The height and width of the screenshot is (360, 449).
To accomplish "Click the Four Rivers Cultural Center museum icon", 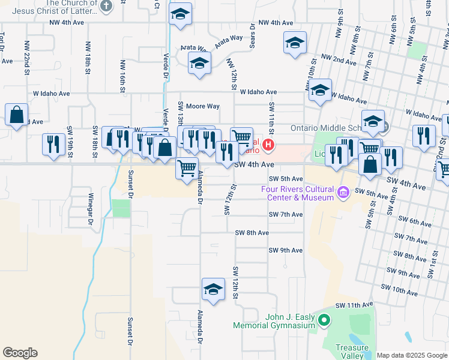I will (x=343, y=193).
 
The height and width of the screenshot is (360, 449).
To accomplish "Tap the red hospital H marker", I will (x=269, y=145).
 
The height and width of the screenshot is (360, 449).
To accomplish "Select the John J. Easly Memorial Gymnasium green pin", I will (x=324, y=320).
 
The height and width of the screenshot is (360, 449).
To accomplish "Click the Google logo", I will (x=20, y=353).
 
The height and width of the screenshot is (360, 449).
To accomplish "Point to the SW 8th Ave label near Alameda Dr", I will (x=252, y=233).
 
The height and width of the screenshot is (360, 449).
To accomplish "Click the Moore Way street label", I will (x=202, y=106).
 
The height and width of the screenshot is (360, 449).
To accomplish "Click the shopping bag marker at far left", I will (x=17, y=115).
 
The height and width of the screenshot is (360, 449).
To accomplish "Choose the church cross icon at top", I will (x=106, y=7).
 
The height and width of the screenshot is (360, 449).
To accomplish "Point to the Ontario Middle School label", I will (x=325, y=128).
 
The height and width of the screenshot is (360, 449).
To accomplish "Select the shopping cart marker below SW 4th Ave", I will (x=187, y=167).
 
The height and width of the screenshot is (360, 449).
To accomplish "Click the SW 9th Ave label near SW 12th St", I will (x=286, y=250).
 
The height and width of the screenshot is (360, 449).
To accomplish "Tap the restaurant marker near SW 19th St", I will (x=54, y=145).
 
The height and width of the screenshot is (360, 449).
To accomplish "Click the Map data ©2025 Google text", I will (x=412, y=355).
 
